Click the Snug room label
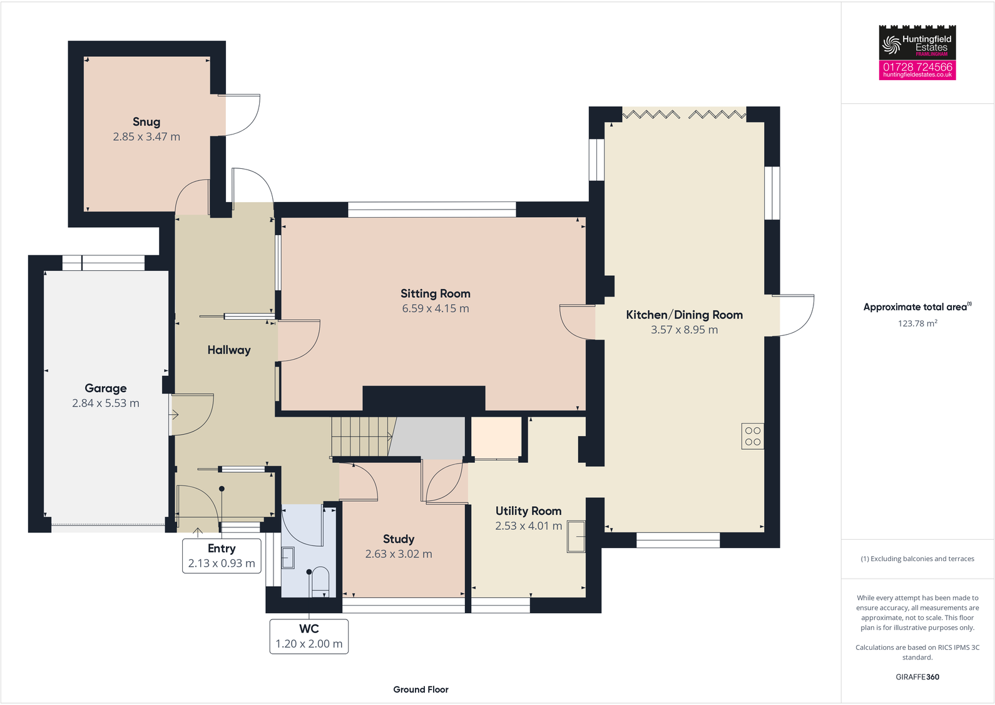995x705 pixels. pyautogui.click(x=146, y=122)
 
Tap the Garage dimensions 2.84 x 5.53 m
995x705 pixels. pyautogui.click(x=106, y=403)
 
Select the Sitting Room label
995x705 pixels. pyautogui.click(x=435, y=293)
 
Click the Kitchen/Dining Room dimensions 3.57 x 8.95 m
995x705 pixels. pyautogui.click(x=684, y=330)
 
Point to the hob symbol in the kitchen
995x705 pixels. pyautogui.click(x=753, y=436)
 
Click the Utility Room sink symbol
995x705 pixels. pyautogui.click(x=576, y=537)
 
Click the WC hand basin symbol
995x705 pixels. pyautogui.click(x=288, y=557)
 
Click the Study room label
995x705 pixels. pyautogui.click(x=399, y=539)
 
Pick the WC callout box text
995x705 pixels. pyautogui.click(x=309, y=629)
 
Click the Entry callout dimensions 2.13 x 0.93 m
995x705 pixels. pyautogui.click(x=222, y=564)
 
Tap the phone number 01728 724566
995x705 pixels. pyautogui.click(x=917, y=66)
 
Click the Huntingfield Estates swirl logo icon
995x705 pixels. pyautogui.click(x=891, y=44)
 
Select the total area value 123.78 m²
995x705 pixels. pyautogui.click(x=917, y=323)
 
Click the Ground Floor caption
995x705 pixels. pyautogui.click(x=421, y=689)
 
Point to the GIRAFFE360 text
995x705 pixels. pyautogui.click(x=917, y=677)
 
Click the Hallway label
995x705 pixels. pyautogui.click(x=229, y=350)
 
